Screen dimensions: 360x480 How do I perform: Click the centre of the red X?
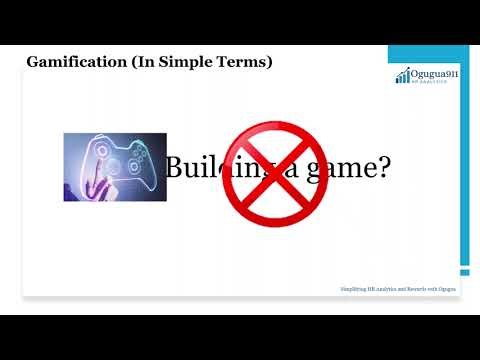tap(262, 171)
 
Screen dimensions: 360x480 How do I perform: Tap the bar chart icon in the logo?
tap(402, 77)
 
